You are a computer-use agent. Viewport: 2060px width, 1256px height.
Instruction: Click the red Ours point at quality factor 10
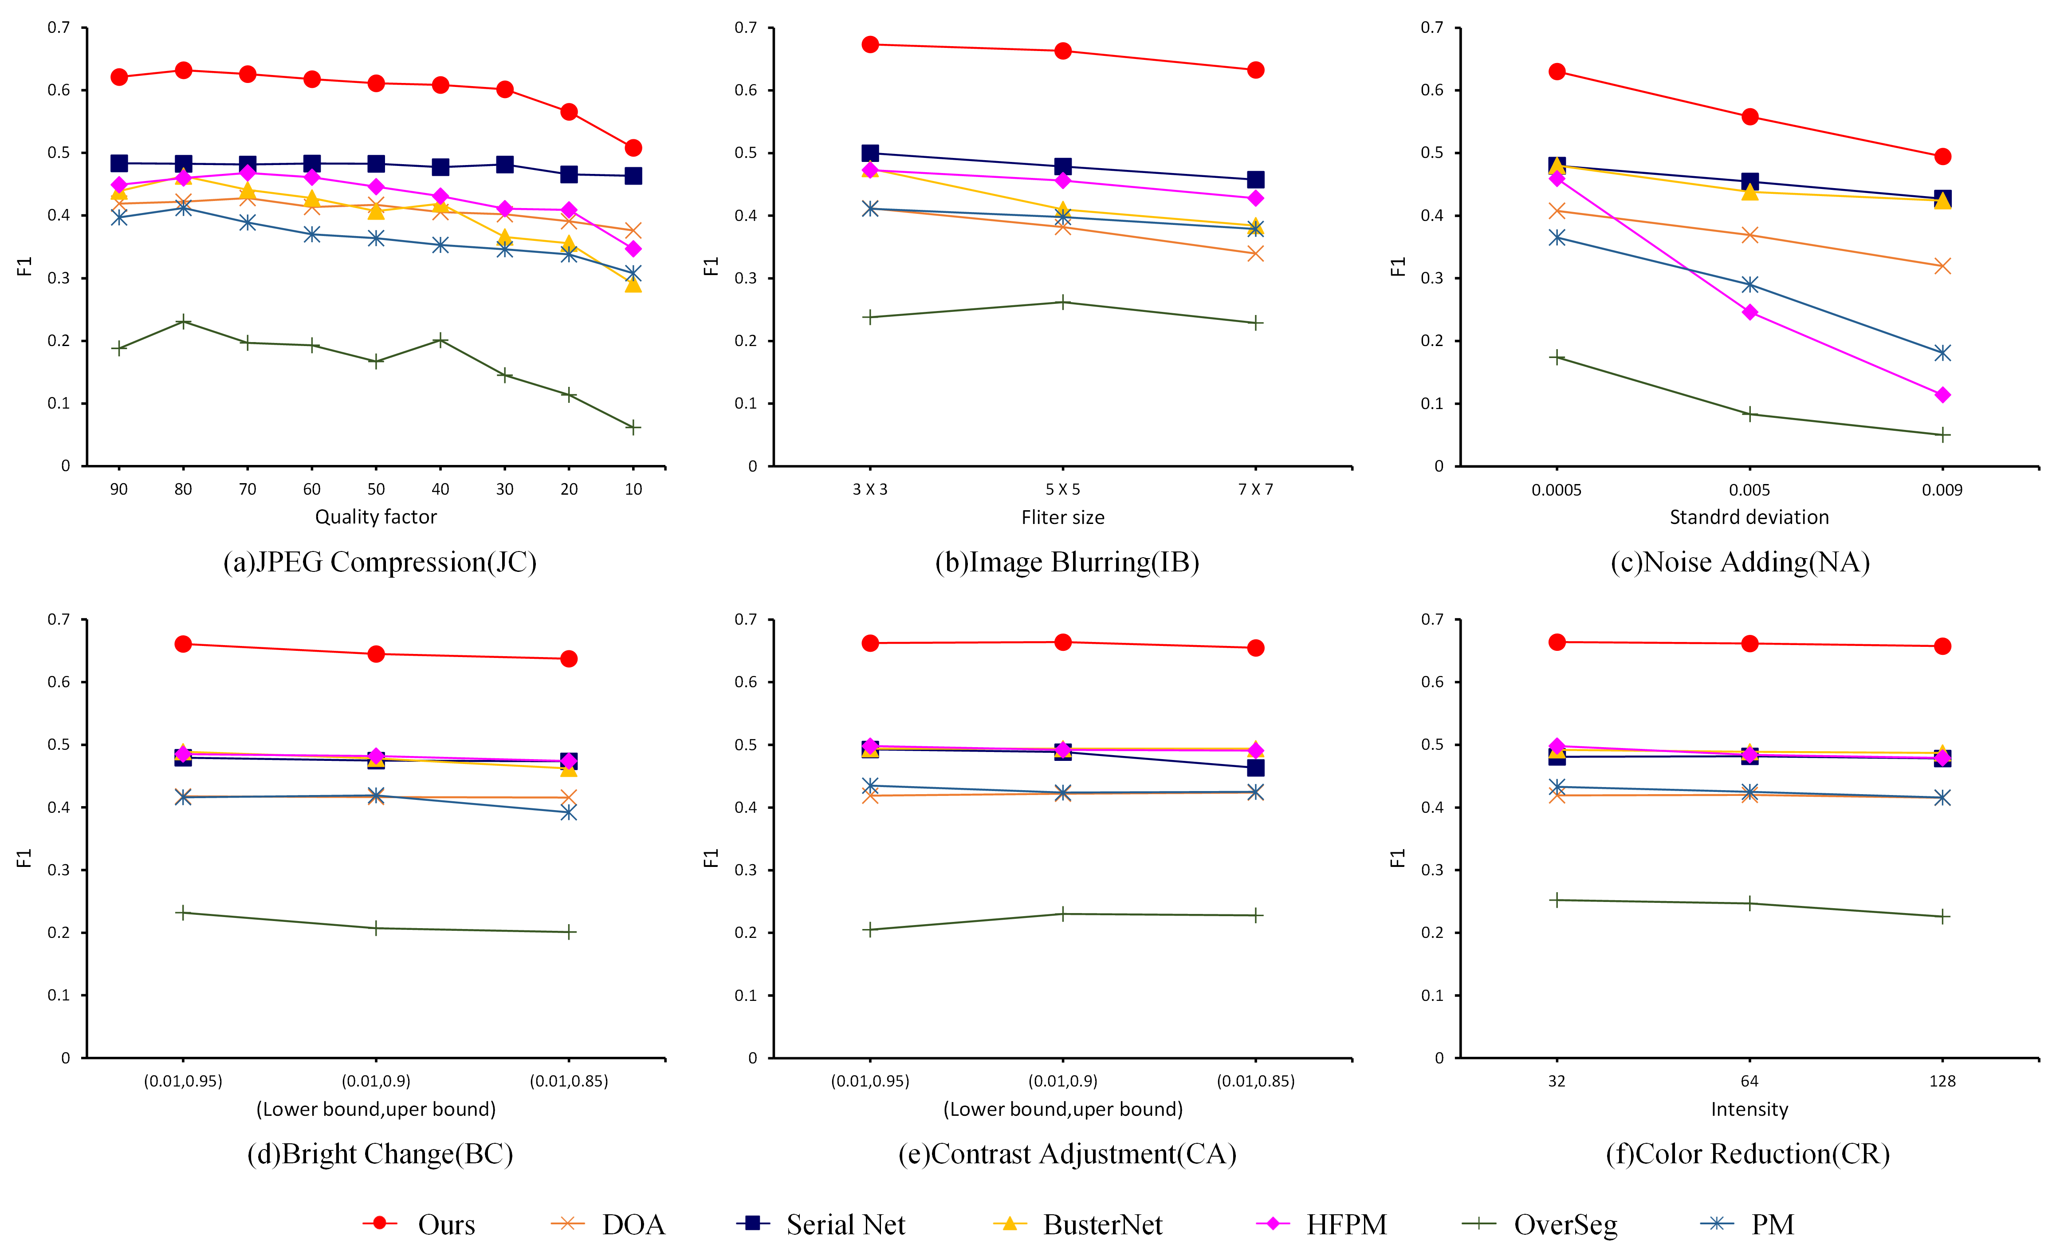point(633,148)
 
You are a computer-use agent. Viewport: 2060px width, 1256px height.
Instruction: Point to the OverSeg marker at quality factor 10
point(633,427)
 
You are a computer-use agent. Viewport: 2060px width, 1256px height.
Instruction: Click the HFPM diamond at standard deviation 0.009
point(1942,395)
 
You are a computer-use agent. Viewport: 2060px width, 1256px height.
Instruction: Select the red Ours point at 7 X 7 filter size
point(1255,70)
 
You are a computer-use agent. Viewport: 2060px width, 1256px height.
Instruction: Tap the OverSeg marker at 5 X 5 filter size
point(1063,302)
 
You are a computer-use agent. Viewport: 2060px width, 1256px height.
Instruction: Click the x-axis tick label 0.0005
point(1556,490)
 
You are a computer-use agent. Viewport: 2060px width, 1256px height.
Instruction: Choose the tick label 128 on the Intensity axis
point(1942,1081)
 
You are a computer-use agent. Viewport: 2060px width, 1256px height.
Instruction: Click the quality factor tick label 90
point(119,489)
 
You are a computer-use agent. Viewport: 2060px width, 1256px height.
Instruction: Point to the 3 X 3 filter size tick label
point(869,489)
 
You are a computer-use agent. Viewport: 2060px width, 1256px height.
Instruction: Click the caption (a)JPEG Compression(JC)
point(380,562)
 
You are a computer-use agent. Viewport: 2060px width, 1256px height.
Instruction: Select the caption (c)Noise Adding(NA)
point(1740,562)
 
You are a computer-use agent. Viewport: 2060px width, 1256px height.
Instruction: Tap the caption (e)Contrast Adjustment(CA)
point(1067,1154)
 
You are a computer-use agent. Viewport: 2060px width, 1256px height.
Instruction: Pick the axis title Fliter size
point(1063,518)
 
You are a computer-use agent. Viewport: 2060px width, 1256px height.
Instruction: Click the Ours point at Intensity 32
point(1557,642)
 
